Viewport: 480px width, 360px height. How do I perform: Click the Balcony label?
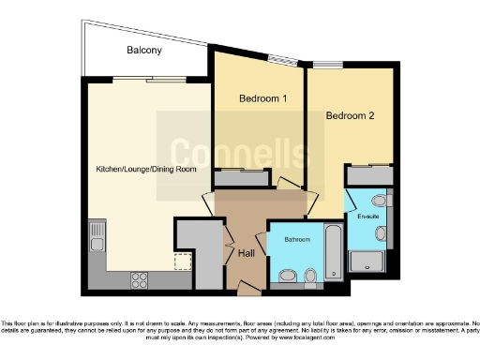pos(144,51)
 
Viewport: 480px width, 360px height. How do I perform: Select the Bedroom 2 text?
pos(350,116)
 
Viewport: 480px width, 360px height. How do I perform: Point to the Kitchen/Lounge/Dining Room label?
pos(146,169)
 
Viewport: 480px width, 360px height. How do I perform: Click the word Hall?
pos(247,253)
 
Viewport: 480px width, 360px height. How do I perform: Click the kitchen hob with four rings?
pos(140,277)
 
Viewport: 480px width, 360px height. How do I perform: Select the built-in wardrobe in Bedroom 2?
pos(367,174)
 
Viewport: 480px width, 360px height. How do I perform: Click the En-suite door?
pos(350,199)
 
